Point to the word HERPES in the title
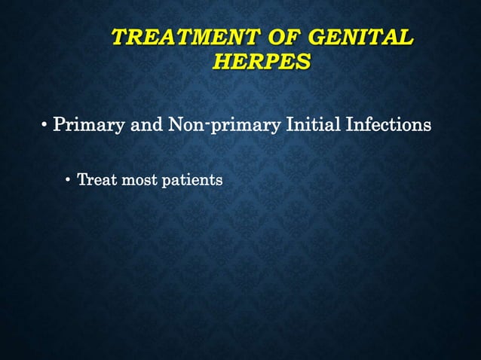(x=261, y=62)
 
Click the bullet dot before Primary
(x=44, y=124)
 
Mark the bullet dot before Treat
(x=69, y=181)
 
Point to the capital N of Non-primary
(x=176, y=124)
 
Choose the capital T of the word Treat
(x=81, y=181)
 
